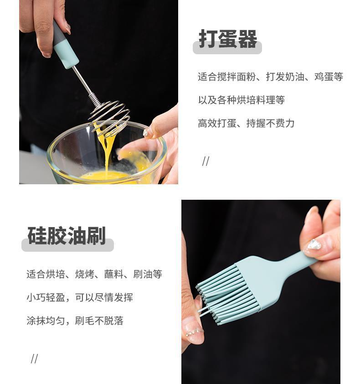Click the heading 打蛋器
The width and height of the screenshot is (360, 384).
(228, 39)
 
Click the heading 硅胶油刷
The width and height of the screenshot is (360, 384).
(67, 236)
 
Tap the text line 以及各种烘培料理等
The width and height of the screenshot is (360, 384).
(242, 100)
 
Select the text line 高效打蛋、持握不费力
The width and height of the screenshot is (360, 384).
(246, 123)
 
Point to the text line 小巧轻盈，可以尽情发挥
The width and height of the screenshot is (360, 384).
(80, 297)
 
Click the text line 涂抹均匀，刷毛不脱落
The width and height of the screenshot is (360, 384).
(75, 321)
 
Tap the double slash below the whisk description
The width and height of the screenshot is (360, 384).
(206, 161)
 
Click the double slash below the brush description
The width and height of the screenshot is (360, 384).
(34, 359)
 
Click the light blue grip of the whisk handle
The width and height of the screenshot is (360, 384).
(66, 54)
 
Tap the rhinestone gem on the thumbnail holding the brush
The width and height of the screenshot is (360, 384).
(314, 245)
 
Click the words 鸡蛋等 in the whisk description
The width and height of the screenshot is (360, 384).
(329, 77)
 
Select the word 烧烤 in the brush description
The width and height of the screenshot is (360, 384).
(85, 274)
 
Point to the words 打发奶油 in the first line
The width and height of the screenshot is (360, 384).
(285, 77)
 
